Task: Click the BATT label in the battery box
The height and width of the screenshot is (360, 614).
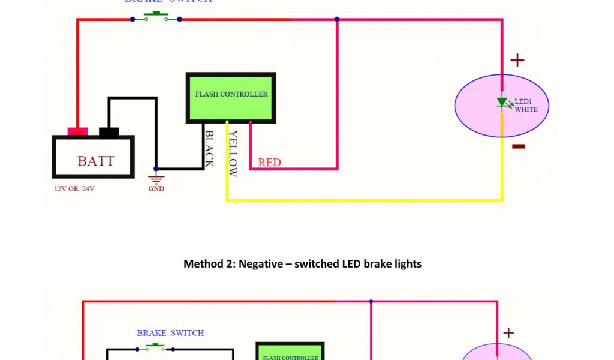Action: (96, 161)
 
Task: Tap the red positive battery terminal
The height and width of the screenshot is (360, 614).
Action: (77, 131)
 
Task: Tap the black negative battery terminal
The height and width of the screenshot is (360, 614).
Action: (109, 132)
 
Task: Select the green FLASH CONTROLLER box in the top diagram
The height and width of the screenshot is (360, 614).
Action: (231, 98)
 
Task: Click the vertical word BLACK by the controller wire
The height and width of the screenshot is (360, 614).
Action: (209, 149)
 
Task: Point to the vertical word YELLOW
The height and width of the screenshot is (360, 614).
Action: (233, 154)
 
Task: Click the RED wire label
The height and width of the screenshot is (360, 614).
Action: (269, 163)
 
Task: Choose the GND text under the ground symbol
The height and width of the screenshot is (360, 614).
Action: (156, 189)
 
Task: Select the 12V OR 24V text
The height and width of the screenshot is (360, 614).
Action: (74, 189)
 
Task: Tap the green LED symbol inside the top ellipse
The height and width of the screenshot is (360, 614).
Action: (502, 103)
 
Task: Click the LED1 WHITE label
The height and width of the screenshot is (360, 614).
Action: (526, 105)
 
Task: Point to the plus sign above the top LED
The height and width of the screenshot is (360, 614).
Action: (517, 60)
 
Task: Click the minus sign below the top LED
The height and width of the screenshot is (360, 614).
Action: (519, 146)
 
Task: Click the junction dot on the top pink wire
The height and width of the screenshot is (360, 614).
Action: (337, 19)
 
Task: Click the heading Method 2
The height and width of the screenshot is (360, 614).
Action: (302, 264)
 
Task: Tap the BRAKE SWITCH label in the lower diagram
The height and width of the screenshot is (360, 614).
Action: (170, 333)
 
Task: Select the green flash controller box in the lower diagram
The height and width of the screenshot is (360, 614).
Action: (290, 352)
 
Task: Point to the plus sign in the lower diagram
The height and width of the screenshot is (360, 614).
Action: (508, 333)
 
